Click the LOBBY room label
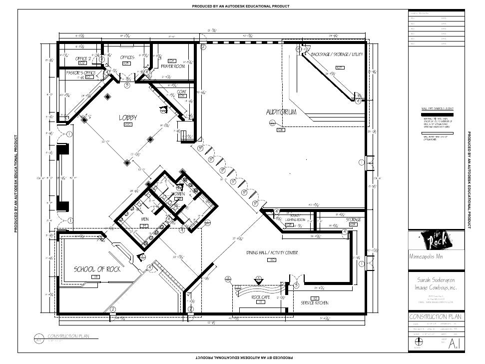[127, 117]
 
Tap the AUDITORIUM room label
[281, 112]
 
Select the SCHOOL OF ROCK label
[97, 269]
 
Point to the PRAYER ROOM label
[173, 66]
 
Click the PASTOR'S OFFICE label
[81, 72]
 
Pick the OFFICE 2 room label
[83, 58]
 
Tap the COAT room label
[182, 91]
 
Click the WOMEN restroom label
[178, 193]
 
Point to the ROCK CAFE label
[261, 297]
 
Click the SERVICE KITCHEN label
[314, 303]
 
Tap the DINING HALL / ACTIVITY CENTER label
[272, 253]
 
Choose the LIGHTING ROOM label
[295, 219]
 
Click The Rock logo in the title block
[438, 241]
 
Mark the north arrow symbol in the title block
[418, 341]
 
